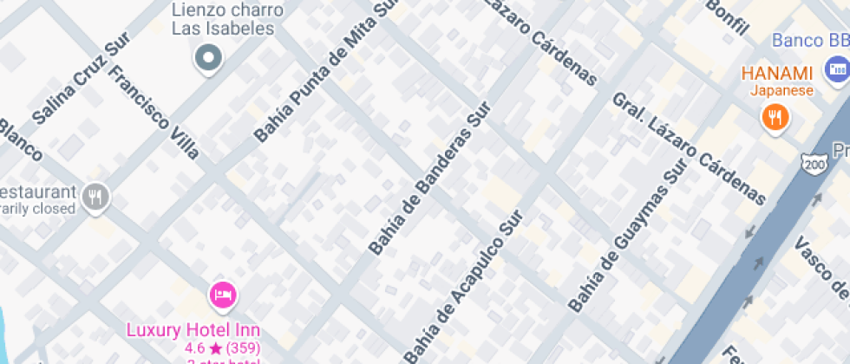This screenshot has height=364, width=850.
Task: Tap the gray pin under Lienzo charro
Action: pos(208,59)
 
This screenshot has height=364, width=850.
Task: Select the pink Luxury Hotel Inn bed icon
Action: pos(223,296)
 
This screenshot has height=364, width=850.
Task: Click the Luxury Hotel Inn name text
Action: pos(193,330)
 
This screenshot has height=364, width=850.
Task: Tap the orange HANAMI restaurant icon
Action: pos(774,116)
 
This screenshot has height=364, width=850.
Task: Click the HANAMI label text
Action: pos(776,74)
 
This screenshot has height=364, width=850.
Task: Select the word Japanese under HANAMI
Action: pos(781,91)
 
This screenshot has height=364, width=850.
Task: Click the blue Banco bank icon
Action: pos(837,69)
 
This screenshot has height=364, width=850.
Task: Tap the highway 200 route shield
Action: pos(814,163)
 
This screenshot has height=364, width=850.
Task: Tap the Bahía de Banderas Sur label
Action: pos(429,179)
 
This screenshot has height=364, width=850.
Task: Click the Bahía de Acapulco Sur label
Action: pos(464,287)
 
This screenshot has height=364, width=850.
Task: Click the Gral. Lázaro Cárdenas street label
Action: pos(690,148)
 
